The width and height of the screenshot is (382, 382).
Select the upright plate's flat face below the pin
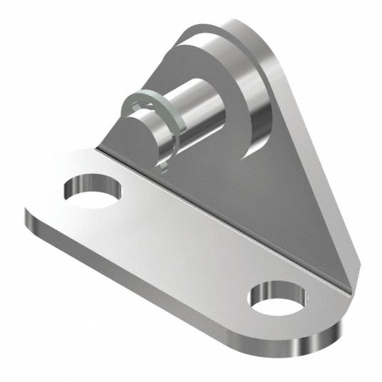pyautogui.click(x=235, y=185)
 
